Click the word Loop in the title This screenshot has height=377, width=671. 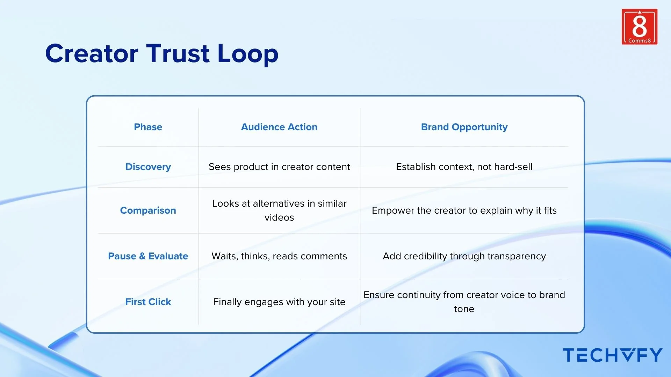click(x=247, y=54)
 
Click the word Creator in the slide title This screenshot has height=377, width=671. click(x=92, y=54)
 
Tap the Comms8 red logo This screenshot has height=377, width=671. click(x=639, y=27)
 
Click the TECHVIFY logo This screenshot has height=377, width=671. click(x=612, y=355)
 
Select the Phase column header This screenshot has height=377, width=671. click(x=148, y=127)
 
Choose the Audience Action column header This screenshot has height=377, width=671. click(x=279, y=127)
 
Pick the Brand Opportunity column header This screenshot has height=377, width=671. click(x=464, y=127)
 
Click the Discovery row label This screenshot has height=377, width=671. click(x=148, y=167)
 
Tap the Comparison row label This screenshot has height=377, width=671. click(x=148, y=210)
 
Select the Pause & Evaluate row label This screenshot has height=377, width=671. click(x=148, y=256)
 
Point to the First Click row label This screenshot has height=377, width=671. click(x=148, y=302)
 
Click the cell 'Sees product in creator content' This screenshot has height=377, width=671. click(x=279, y=167)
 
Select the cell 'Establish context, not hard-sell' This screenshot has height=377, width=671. click(x=464, y=167)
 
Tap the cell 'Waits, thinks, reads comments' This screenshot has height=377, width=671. click(x=279, y=256)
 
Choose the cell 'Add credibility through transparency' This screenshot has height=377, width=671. click(x=464, y=256)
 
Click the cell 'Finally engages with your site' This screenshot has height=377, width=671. click(x=279, y=302)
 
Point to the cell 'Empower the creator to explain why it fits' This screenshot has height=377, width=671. click(x=464, y=210)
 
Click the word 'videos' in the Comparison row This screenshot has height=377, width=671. click(x=279, y=217)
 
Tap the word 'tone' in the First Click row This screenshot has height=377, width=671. click(x=464, y=309)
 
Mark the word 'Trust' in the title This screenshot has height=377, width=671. click(x=178, y=54)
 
